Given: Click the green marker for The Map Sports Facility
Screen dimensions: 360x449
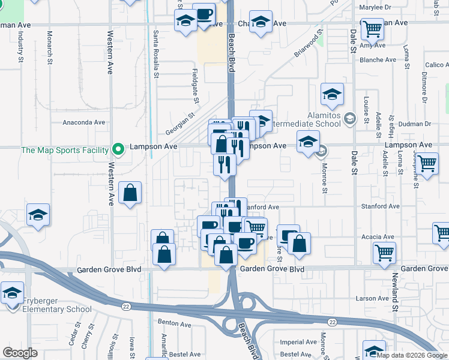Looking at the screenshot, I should pos(119,148).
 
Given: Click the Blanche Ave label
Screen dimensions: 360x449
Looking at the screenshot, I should pos(378,60).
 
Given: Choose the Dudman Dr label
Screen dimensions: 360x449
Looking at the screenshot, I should pos(415,124).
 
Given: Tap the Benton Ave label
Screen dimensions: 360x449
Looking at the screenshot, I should pos(174,324).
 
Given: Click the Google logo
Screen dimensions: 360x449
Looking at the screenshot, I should pos(20,352).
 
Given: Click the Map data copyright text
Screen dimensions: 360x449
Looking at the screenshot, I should pos(412,355).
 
